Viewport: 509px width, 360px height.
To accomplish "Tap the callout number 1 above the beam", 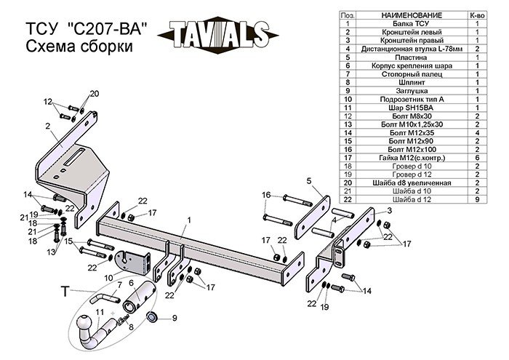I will click(x=188, y=220).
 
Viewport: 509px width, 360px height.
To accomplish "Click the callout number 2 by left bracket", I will click(x=47, y=127).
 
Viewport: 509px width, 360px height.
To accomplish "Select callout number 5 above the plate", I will click(x=308, y=180).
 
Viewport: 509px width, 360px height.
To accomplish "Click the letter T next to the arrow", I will click(x=65, y=292).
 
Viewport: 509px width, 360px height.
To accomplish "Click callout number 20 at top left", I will click(x=93, y=93).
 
